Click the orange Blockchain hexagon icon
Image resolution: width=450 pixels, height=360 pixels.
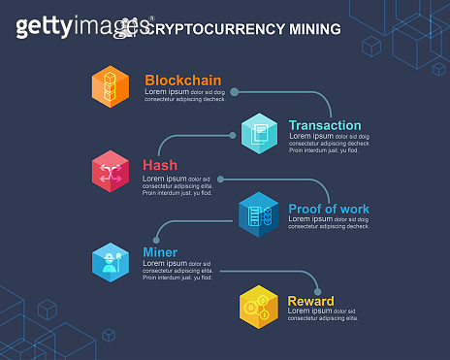tap(111, 85)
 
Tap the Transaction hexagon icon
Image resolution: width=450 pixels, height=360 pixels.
tap(260, 132)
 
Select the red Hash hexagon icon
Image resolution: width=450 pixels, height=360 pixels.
tap(111, 171)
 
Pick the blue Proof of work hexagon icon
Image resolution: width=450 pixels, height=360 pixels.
tap(259, 214)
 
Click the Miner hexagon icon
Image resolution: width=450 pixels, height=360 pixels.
tap(111, 259)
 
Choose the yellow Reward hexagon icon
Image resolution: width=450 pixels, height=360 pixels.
tap(259, 307)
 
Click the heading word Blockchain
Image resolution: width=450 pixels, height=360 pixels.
tap(183, 81)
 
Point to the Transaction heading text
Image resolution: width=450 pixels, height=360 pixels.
tap(325, 125)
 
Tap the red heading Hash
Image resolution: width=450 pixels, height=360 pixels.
tap(160, 165)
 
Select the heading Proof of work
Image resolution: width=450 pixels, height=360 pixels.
tap(329, 209)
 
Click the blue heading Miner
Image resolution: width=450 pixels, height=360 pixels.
tap(160, 253)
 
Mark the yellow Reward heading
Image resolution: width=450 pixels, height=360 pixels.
tap(310, 301)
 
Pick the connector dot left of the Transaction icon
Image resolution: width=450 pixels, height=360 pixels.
tap(233, 135)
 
